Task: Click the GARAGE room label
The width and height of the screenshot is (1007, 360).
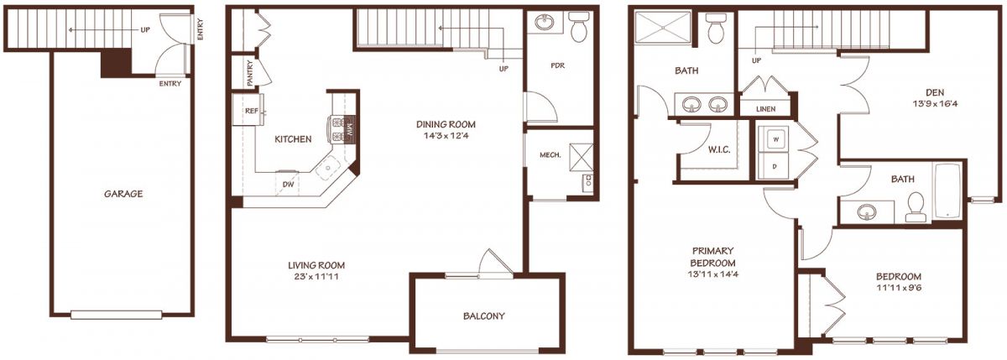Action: tap(123, 194)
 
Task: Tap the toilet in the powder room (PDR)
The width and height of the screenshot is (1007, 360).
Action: tap(578, 27)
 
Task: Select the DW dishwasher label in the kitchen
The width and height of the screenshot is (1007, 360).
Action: tap(288, 184)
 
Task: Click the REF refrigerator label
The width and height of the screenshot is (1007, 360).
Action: tap(251, 111)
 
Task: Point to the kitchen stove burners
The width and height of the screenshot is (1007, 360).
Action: tap(337, 130)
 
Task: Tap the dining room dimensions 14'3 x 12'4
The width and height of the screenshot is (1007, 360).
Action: tap(445, 136)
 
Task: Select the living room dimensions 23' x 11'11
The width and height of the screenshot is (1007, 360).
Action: tap(316, 276)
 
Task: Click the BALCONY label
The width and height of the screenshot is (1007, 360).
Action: tap(483, 316)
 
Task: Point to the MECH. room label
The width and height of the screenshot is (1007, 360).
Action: tap(550, 155)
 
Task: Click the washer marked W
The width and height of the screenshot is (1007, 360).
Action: tap(773, 140)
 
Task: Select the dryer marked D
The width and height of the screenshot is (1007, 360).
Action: tap(773, 166)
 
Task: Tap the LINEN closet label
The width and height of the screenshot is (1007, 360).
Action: tap(765, 109)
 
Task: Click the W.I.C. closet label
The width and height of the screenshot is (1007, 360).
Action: tap(719, 150)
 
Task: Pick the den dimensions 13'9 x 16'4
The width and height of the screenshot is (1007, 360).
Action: tap(935, 104)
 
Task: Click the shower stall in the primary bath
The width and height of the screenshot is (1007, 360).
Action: tap(663, 29)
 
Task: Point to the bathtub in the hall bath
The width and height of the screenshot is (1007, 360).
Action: tap(947, 191)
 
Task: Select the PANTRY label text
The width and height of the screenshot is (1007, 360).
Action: tap(250, 73)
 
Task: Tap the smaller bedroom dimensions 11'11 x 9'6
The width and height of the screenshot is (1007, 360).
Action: tap(899, 288)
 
